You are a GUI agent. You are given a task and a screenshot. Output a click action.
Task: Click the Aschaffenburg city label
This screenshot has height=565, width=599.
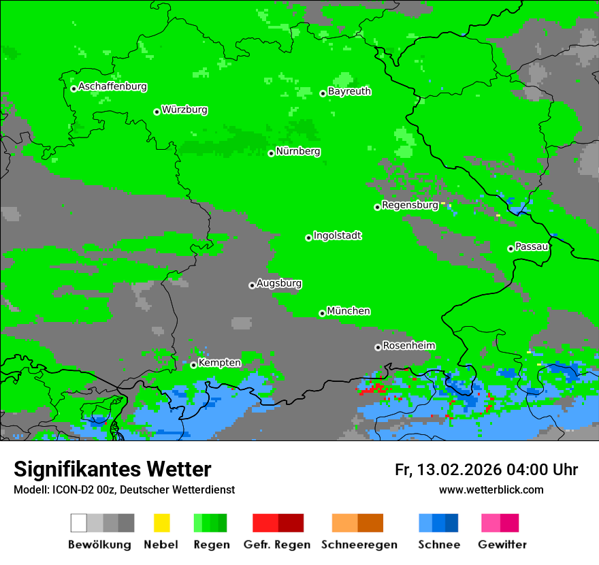112,86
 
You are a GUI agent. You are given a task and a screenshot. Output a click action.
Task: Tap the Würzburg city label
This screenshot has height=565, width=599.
184,110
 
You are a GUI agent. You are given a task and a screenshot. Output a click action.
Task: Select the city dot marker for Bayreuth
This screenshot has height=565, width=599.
323,93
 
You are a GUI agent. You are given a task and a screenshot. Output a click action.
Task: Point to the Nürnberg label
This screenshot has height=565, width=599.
298,151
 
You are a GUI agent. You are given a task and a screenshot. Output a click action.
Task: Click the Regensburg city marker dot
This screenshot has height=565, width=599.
377,207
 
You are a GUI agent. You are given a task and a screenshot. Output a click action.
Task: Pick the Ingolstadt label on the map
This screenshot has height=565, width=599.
338,236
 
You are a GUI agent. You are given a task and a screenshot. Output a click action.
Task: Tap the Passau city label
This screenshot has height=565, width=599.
532,246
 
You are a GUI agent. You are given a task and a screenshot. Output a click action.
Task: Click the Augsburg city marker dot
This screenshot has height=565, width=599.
252,285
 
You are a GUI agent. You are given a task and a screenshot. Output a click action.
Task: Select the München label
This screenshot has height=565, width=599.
349,310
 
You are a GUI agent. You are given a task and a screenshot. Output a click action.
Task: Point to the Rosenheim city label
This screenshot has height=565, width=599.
408,345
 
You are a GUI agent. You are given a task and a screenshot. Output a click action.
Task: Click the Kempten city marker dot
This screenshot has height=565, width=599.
193,365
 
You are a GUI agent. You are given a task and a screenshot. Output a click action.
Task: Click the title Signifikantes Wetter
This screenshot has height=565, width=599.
112,469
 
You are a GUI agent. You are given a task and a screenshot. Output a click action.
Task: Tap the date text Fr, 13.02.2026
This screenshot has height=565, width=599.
448,470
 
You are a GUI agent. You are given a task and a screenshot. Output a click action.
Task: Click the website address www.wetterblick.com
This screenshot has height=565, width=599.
491,489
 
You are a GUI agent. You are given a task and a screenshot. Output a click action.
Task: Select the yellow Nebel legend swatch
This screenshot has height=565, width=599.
161,523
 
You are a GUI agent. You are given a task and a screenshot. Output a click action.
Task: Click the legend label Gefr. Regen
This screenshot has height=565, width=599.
277,545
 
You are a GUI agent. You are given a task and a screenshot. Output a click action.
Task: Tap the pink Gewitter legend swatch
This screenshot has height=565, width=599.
491,523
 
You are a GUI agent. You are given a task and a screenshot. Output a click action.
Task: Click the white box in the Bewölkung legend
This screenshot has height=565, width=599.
79,523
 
